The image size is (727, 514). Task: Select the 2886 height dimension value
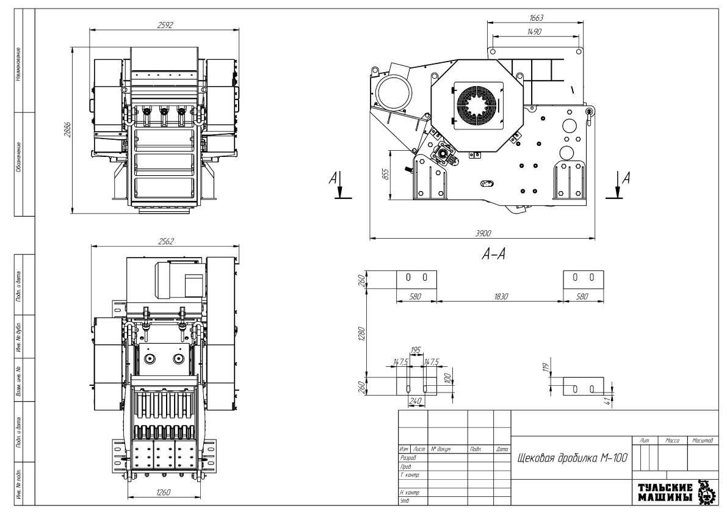tap(68, 133)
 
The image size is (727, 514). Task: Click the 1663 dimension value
tap(537, 17)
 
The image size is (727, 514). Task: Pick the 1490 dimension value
tap(535, 31)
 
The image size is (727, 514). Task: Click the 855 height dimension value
tap(386, 175)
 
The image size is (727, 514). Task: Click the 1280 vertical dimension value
tap(361, 333)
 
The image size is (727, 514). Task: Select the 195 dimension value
tap(416, 350)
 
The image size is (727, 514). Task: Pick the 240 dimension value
tap(415, 402)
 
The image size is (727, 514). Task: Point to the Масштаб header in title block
tap(704, 440)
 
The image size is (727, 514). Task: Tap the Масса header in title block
tap(671, 440)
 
